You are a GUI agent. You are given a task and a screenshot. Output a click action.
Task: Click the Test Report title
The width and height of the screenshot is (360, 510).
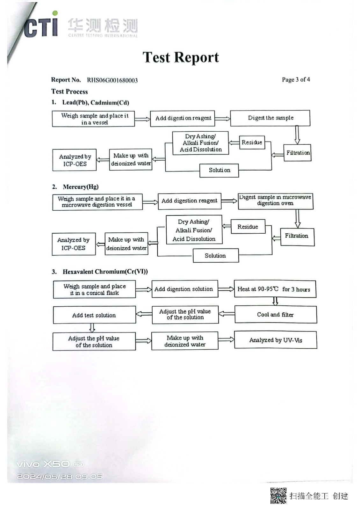[x=181, y=57]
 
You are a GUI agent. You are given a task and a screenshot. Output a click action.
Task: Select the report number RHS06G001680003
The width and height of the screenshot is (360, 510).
[x=112, y=80]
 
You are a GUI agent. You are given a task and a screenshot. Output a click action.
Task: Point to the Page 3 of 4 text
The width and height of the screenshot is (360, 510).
[x=296, y=79]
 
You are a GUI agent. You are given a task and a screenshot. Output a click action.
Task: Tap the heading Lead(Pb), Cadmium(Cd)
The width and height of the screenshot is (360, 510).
[x=96, y=103]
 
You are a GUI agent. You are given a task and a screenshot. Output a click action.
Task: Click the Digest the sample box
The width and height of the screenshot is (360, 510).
[x=270, y=118]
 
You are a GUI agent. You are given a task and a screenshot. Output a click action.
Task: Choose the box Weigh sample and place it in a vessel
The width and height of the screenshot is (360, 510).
[x=93, y=119]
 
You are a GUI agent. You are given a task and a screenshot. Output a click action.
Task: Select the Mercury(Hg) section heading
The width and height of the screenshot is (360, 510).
[x=81, y=187]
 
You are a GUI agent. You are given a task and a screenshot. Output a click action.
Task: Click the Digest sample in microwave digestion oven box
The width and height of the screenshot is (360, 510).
[x=276, y=201]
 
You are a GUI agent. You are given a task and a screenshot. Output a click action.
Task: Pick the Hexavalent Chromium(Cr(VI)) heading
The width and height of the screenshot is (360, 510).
[x=105, y=272]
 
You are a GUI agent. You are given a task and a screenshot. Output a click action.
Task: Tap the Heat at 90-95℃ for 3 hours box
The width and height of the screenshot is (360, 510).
[x=275, y=289]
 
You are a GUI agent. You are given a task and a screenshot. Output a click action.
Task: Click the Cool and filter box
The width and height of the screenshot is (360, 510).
[x=276, y=314]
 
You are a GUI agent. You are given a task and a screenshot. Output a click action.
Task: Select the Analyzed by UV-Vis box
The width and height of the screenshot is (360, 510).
[x=276, y=340]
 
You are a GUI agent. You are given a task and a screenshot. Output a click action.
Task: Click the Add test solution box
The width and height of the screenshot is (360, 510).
[x=94, y=315]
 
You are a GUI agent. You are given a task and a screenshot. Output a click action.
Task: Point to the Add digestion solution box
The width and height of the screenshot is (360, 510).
[x=185, y=289]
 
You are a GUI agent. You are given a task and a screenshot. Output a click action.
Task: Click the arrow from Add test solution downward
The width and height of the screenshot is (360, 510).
[x=92, y=328]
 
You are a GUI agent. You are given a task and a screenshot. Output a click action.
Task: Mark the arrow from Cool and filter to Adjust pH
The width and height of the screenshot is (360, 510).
[x=227, y=314]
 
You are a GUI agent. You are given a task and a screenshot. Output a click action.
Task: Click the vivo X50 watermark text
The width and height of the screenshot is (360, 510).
[x=50, y=464]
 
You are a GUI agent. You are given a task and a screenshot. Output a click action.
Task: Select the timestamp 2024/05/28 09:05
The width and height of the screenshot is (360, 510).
[x=60, y=476]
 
